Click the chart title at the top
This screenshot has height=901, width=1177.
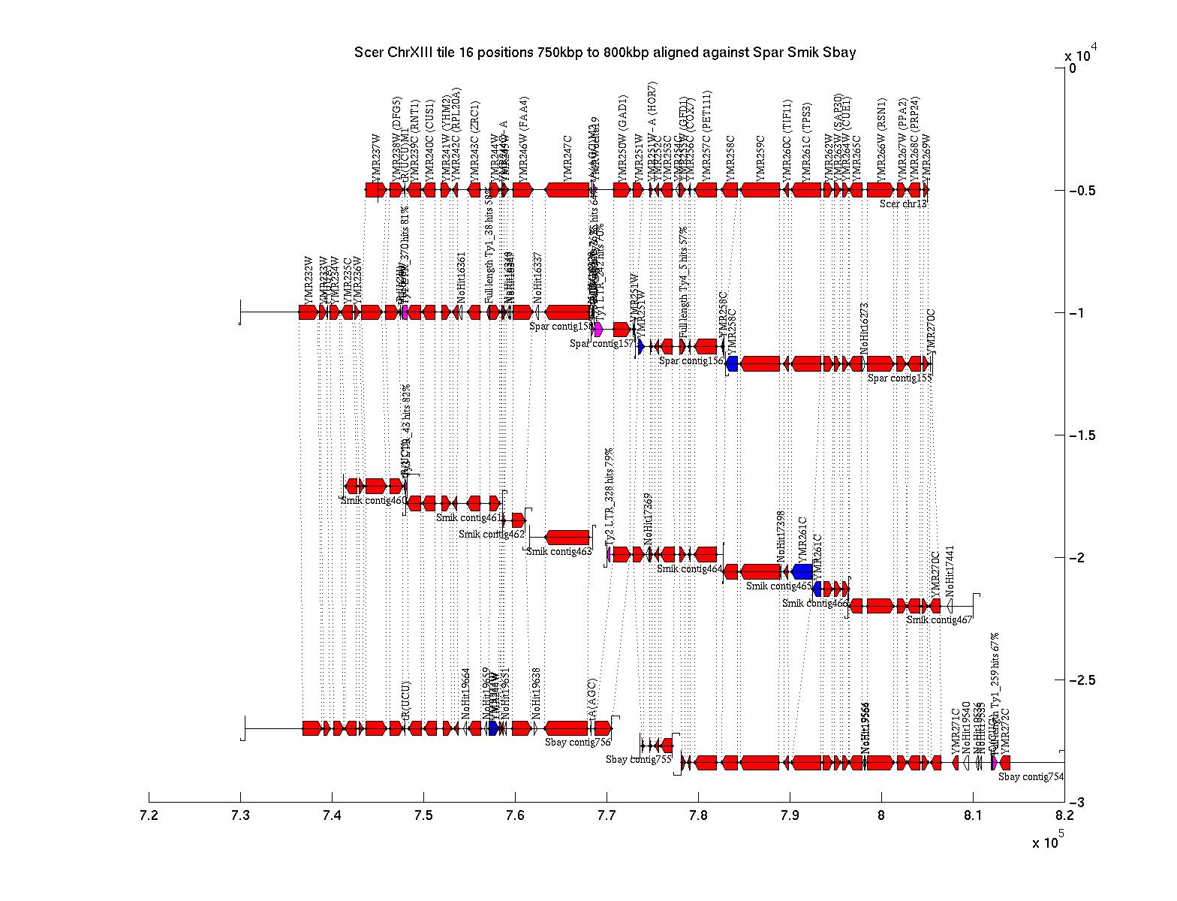tap(605, 53)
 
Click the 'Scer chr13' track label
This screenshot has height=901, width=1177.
tap(904, 203)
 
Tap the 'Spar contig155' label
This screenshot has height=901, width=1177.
tap(899, 378)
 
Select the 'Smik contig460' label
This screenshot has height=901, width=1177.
tap(374, 500)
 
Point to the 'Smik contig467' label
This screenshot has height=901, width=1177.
tap(939, 619)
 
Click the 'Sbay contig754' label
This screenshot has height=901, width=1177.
tap(1031, 776)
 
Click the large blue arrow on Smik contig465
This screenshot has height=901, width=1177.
tap(802, 571)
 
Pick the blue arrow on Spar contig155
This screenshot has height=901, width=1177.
tap(732, 363)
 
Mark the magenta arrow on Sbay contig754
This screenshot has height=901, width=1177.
tap(994, 762)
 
